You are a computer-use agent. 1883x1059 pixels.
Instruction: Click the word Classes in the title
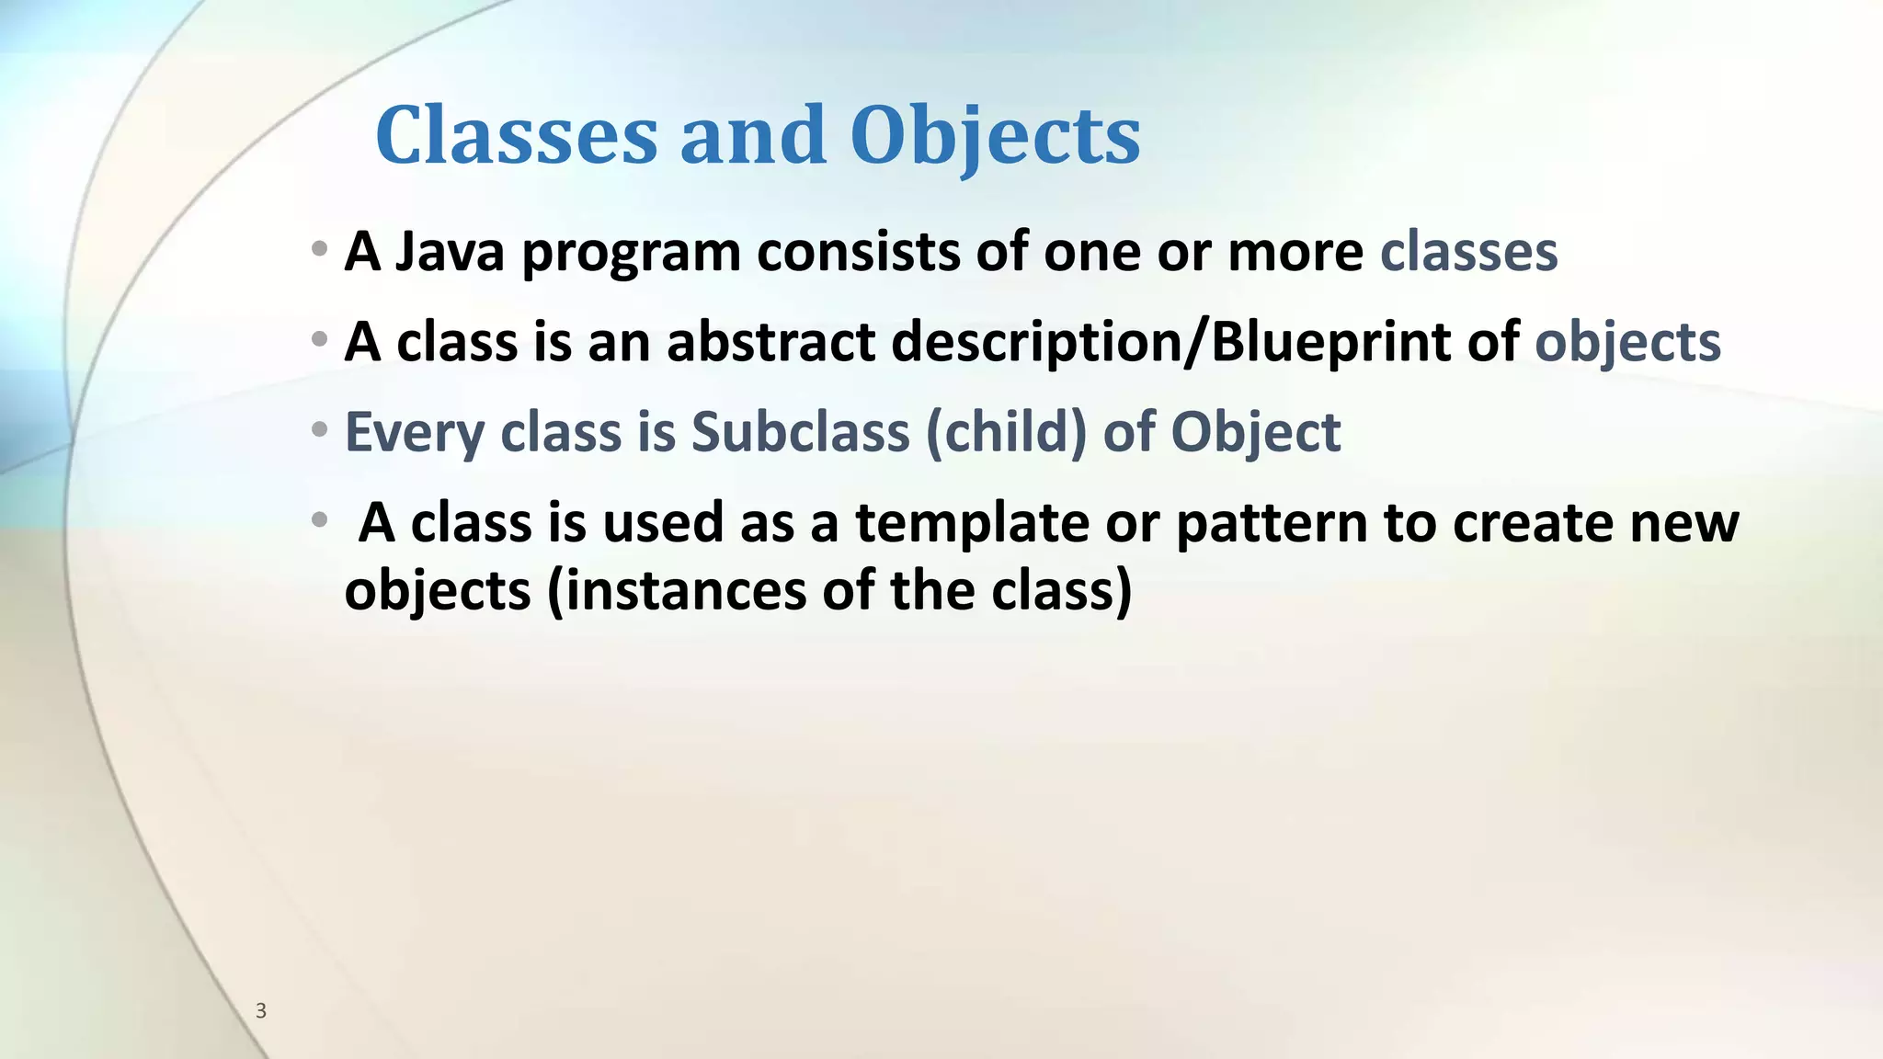tap(516, 136)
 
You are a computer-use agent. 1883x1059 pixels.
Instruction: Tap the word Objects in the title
tap(995, 136)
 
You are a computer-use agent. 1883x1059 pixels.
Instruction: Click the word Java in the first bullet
tap(450, 252)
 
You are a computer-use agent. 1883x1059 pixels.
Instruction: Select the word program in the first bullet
tap(631, 254)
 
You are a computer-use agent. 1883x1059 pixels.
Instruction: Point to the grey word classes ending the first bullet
tap(1468, 252)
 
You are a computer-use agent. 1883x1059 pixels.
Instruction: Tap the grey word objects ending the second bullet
tap(1627, 344)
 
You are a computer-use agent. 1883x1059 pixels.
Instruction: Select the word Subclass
tap(800, 432)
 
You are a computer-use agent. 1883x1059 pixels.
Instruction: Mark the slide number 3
tap(261, 1011)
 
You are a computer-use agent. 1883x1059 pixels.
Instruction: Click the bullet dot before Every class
tap(319, 429)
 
